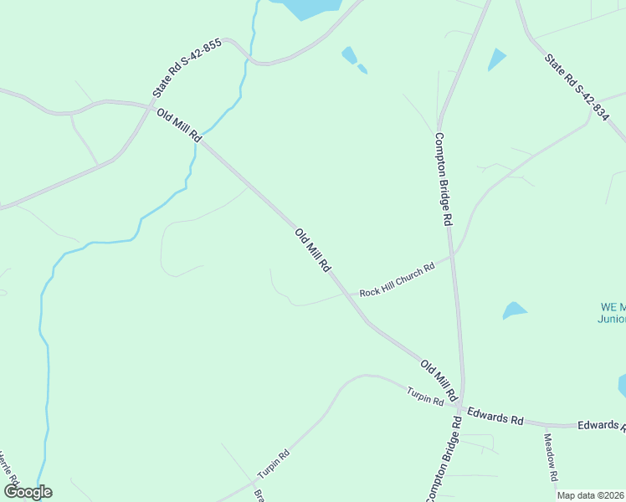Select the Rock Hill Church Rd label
(398, 280)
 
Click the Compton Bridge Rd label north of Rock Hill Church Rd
(443, 179)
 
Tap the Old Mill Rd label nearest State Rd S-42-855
(178, 125)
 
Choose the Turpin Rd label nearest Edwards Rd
(425, 397)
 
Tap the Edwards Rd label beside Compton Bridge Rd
(495, 415)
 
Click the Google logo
(28, 492)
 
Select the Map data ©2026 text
(591, 495)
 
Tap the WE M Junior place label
(613, 312)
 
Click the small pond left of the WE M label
(514, 310)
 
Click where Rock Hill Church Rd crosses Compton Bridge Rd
(451, 257)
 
